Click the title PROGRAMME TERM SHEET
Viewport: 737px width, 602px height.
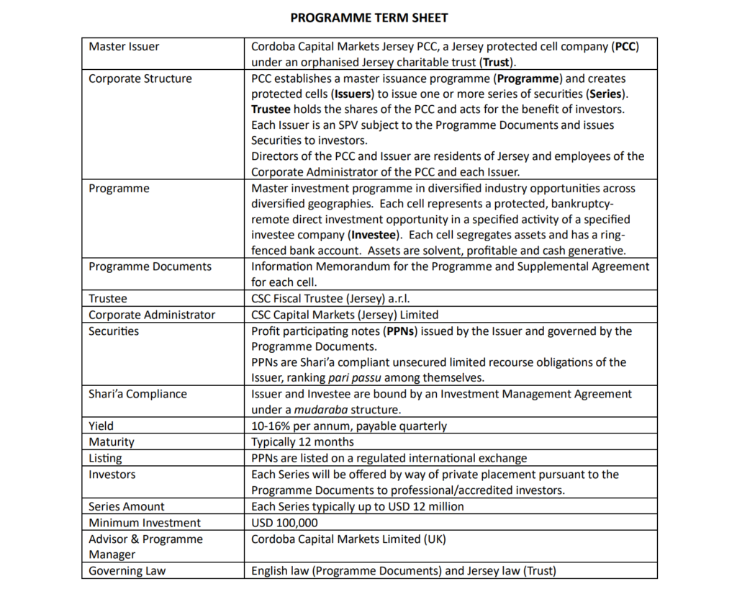368,17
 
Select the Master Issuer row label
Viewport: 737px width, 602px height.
124,47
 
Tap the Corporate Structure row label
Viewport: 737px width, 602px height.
140,78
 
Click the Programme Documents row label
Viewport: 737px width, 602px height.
150,266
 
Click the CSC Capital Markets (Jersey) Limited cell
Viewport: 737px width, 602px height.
345,315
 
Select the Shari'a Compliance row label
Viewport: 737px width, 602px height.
137,394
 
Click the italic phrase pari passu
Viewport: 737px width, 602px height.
356,378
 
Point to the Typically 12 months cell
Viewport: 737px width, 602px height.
302,441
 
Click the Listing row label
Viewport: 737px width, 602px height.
105,458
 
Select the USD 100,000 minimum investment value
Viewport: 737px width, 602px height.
284,523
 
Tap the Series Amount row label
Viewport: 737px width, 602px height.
126,506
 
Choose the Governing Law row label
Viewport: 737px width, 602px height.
127,571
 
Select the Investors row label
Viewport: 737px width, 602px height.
112,475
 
